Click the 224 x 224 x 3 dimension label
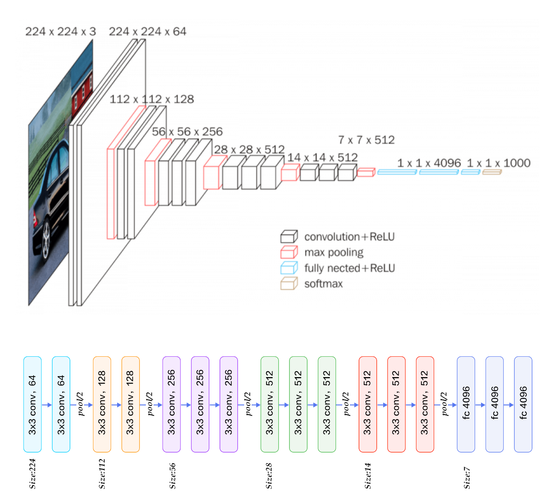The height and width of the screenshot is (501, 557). click(60, 31)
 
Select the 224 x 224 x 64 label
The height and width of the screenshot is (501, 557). click(147, 31)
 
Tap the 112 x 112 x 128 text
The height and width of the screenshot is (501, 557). click(152, 99)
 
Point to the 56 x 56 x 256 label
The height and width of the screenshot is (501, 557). click(187, 131)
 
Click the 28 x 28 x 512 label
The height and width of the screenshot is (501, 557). click(249, 150)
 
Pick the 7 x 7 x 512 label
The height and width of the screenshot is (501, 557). click(366, 140)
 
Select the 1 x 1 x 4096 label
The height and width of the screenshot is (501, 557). click(429, 163)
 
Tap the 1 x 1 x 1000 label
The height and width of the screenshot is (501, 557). click(498, 163)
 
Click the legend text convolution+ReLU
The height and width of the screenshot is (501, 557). click(349, 237)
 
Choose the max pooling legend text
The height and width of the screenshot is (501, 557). click(334, 252)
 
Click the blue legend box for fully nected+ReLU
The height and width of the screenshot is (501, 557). click(289, 268)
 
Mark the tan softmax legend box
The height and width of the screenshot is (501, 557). click(289, 283)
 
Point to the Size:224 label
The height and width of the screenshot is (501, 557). click(32, 474)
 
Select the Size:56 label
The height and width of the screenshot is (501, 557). click(173, 476)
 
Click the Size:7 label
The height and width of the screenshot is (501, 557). click(467, 478)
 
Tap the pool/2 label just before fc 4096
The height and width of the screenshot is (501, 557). click(445, 404)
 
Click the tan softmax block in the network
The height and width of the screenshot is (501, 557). click(492, 172)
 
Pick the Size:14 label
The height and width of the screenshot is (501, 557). click(368, 476)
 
